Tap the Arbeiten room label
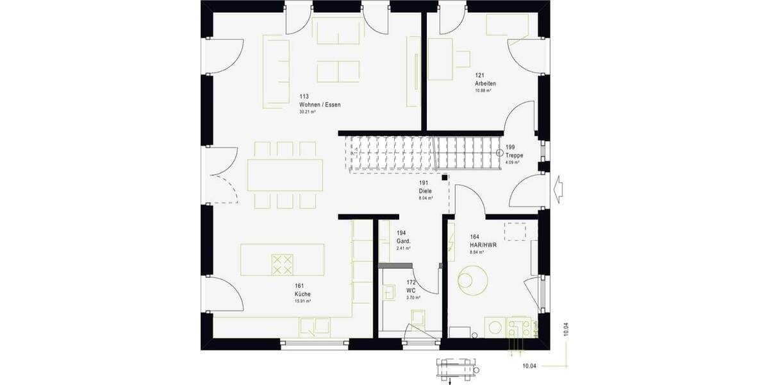[x=485, y=84]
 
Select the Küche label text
[x=302, y=293]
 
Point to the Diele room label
[x=426, y=191]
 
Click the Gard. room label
[x=403, y=241]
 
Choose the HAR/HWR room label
[x=483, y=244]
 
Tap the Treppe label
[x=514, y=155]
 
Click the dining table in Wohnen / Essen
[x=286, y=175]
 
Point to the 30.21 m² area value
[x=308, y=112]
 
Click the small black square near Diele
[x=445, y=177]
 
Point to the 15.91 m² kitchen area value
[x=302, y=301]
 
